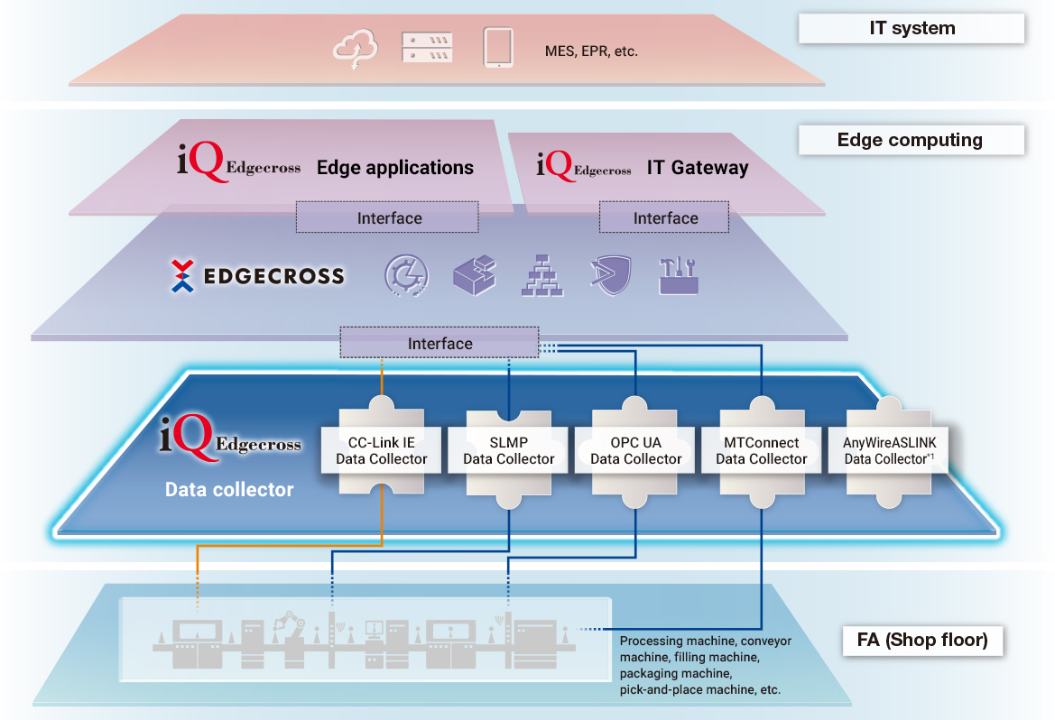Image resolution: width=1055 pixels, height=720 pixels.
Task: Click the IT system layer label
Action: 912,28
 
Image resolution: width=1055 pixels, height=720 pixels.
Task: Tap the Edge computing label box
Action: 912,140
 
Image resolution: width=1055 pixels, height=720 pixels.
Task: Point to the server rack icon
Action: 427,48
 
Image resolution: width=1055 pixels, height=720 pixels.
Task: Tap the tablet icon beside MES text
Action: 498,48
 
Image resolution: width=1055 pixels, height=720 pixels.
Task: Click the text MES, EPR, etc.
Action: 591,51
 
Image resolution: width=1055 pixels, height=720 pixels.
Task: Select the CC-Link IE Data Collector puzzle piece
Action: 382,450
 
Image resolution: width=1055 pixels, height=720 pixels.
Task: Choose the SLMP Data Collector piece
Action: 509,450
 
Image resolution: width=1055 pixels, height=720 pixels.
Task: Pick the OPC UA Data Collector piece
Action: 636,450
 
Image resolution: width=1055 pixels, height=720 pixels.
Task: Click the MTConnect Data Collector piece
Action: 762,450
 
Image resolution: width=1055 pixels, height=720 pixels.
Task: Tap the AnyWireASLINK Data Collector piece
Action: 889,450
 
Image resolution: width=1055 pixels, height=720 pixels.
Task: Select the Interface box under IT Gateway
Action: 665,217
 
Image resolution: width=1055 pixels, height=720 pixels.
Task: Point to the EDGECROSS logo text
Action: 273,276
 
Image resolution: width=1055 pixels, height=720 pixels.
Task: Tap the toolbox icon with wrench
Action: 679,274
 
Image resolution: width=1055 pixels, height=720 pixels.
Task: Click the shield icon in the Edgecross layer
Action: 609,275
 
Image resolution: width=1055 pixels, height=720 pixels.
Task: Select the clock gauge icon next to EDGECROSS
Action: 406,275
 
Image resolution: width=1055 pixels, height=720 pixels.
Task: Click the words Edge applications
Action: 394,167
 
